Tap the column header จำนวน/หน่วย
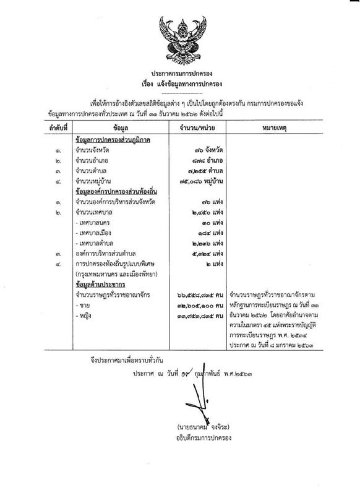(x=191, y=127)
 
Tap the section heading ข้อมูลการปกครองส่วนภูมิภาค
(x=113, y=140)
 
